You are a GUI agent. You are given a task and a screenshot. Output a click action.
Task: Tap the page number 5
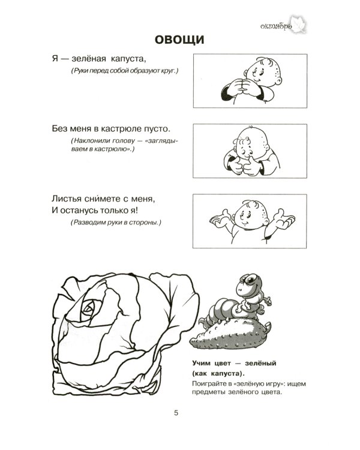tap(176, 412)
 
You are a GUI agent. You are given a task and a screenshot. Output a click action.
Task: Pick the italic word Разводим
tap(90, 223)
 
